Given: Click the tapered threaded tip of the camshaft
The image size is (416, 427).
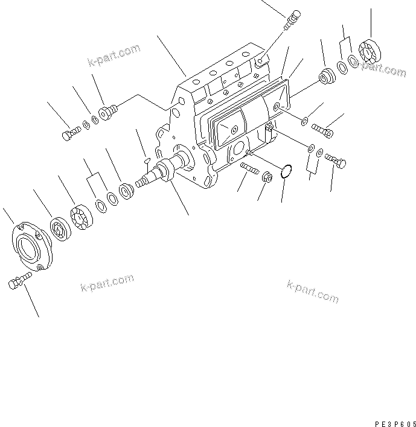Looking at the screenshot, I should pos(141,182).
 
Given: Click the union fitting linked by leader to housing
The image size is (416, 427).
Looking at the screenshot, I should pos(109,112).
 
